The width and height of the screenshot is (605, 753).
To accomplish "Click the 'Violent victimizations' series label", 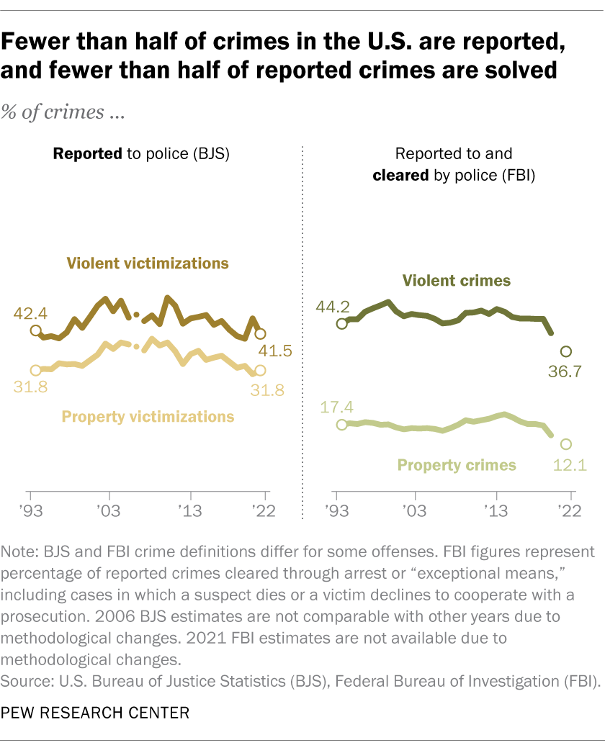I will (x=148, y=263).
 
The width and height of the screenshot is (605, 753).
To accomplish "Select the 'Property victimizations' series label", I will (x=148, y=416).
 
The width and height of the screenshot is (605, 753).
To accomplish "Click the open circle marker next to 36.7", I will (x=565, y=351).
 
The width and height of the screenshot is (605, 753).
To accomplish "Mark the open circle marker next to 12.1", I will (x=565, y=444).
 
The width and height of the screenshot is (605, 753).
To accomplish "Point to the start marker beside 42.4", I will (x=35, y=330).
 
